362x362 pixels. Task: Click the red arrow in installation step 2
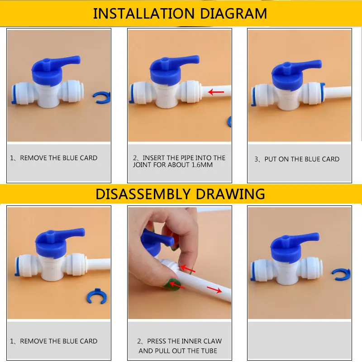click(x=216, y=92)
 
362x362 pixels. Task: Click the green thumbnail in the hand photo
click(x=170, y=286)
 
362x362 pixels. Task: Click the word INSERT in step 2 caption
click(x=153, y=158)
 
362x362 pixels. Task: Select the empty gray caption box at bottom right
click(x=300, y=340)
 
